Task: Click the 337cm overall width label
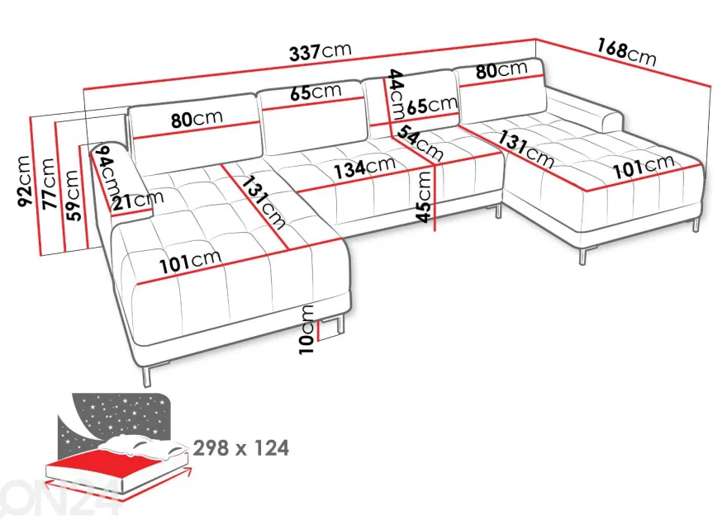click(321, 51)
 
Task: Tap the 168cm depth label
click(626, 52)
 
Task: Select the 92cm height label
click(24, 181)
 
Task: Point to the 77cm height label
click(49, 183)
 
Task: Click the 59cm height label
click(73, 195)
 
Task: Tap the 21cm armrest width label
click(138, 200)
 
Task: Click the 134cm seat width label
click(365, 168)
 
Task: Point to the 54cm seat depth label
click(419, 142)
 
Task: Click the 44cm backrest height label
click(396, 94)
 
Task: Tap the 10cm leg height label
click(307, 329)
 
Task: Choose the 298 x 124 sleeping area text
click(241, 447)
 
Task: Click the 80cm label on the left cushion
click(197, 119)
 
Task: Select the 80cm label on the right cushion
click(501, 70)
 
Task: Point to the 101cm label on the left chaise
click(190, 262)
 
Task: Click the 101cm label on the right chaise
click(644, 166)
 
